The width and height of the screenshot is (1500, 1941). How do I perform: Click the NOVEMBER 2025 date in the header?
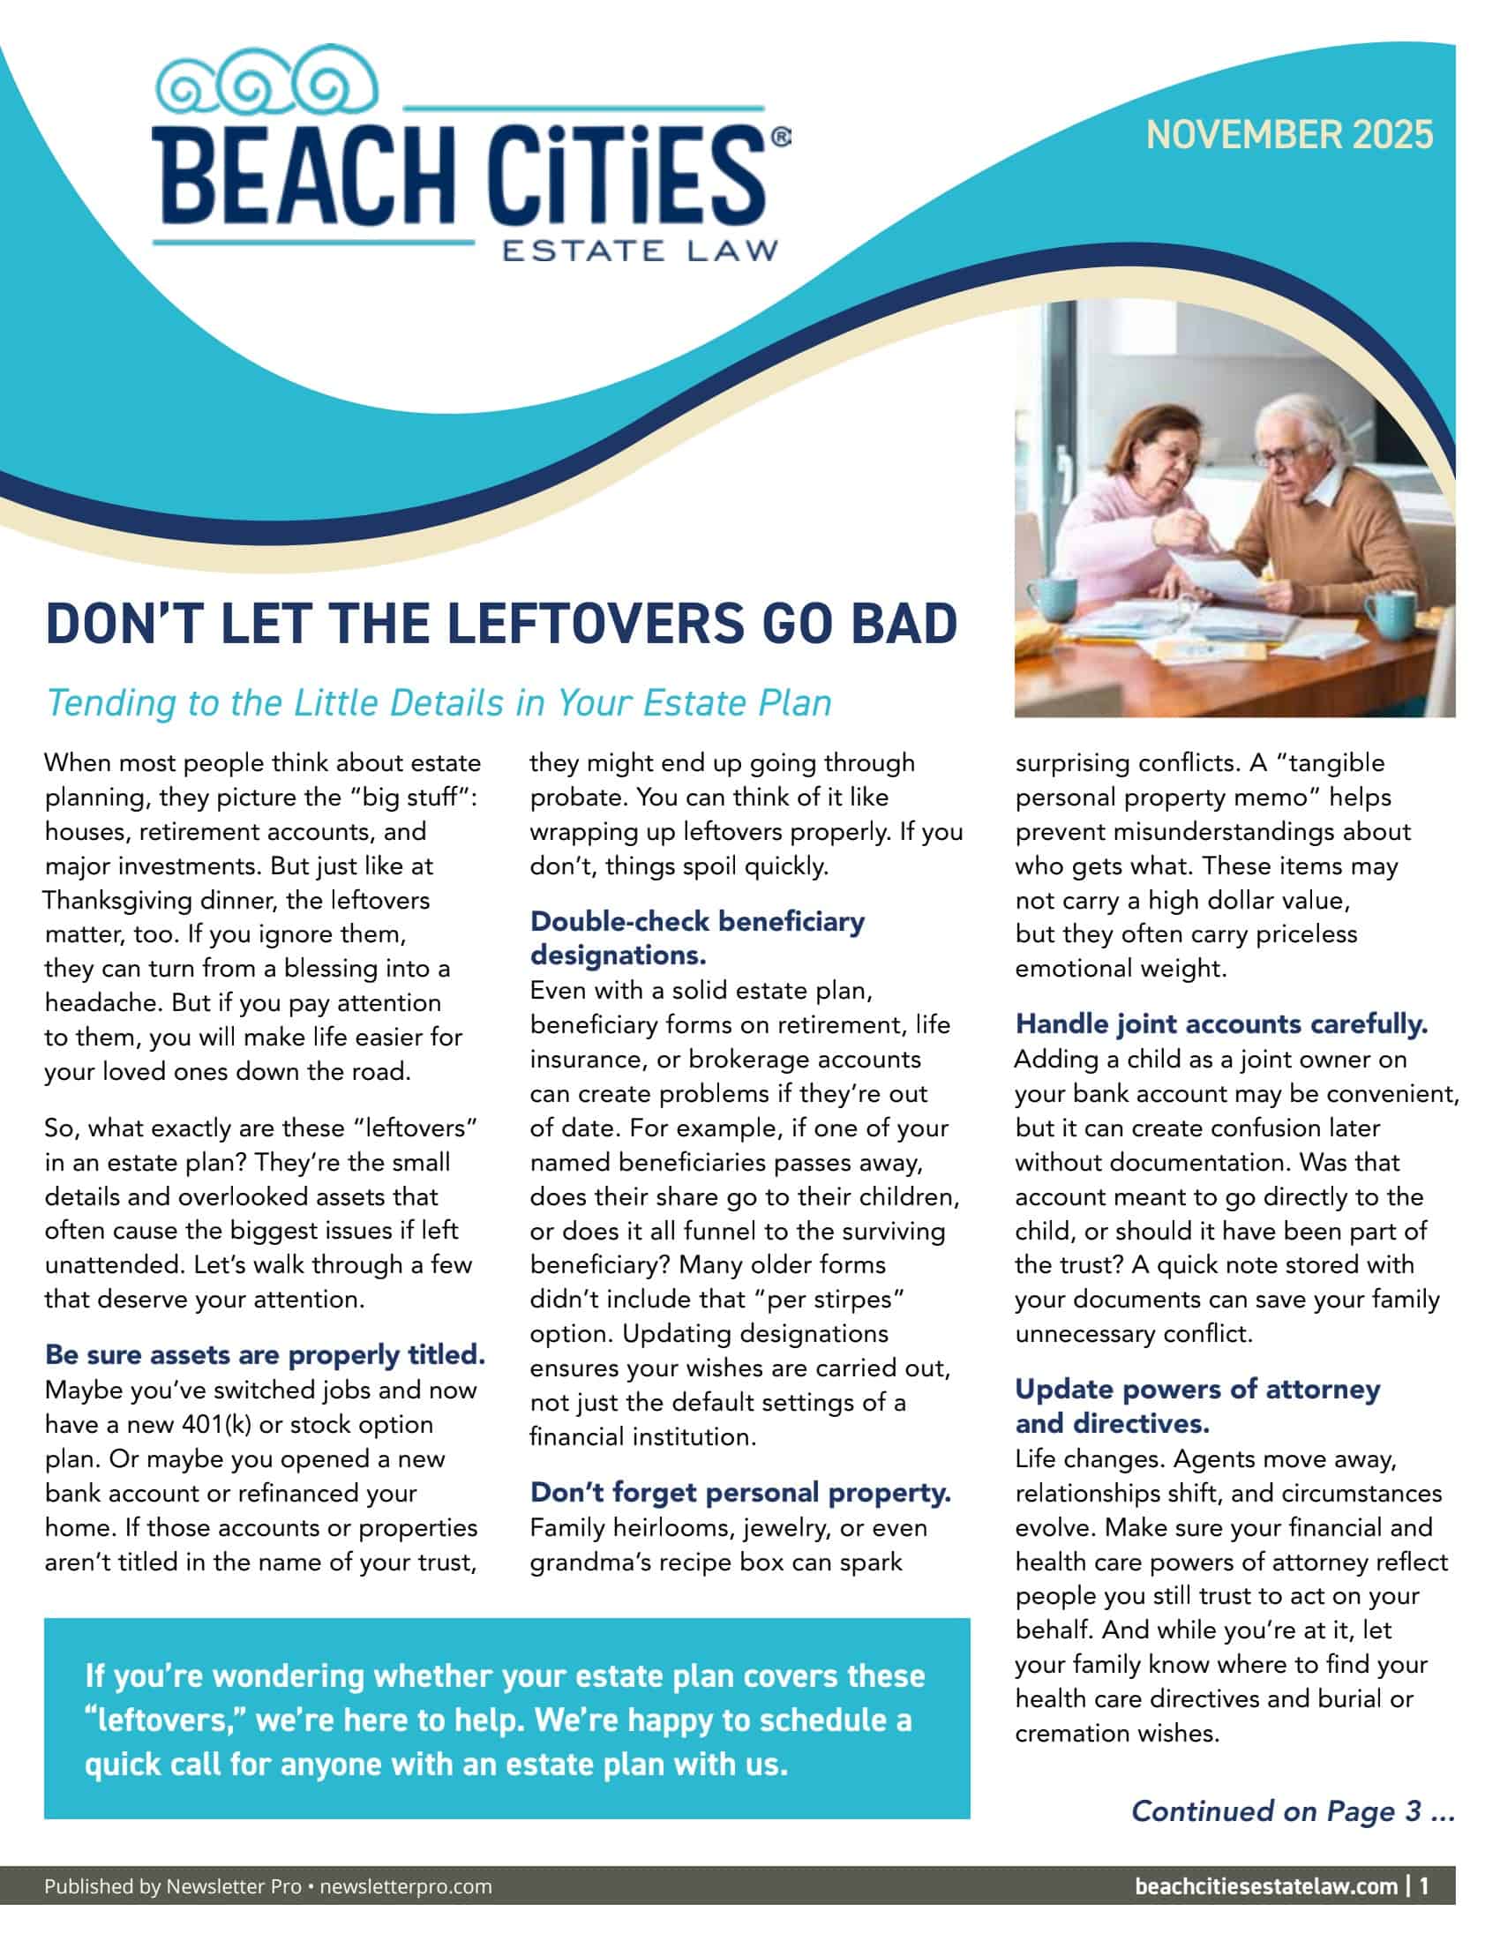[x=1288, y=135]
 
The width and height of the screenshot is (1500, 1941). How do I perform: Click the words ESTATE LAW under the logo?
[x=640, y=250]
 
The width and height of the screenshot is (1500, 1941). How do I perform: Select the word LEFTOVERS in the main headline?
[x=596, y=624]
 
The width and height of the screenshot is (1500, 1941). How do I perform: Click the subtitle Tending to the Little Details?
[x=439, y=703]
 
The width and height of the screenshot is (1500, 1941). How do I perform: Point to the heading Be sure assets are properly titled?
[x=265, y=1354]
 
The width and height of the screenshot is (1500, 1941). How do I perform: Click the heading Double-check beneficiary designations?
[x=697, y=938]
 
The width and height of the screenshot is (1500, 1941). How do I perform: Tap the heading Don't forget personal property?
[x=740, y=1492]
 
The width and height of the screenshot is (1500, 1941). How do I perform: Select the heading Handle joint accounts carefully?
[x=1221, y=1023]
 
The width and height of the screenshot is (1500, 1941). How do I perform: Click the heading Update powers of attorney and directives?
[x=1197, y=1406]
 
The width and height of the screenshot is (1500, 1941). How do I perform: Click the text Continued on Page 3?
[x=1292, y=1810]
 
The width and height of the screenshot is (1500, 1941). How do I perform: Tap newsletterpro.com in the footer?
[x=405, y=1887]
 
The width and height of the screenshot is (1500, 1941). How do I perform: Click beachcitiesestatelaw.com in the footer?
[x=1265, y=1887]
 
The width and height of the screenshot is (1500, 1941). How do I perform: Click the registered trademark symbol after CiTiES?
[x=779, y=137]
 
